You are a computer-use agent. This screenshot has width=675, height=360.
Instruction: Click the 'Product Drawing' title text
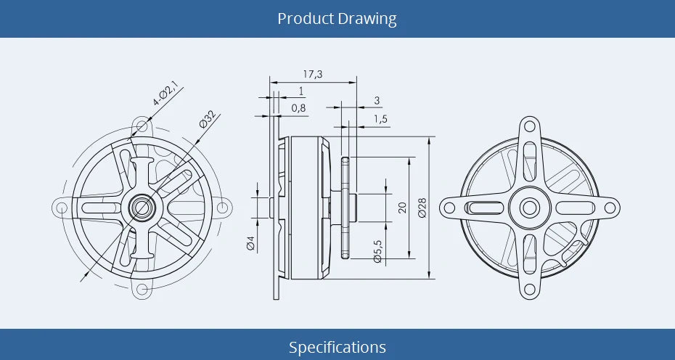(337, 18)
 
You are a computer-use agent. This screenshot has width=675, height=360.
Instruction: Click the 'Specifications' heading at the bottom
(337, 347)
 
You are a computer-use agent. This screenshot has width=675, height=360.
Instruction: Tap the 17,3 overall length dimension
(313, 73)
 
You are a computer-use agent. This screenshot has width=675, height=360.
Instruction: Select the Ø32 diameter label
(207, 118)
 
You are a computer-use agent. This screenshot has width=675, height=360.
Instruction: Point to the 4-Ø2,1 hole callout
(165, 95)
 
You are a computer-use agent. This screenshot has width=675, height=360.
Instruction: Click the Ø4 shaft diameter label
(251, 243)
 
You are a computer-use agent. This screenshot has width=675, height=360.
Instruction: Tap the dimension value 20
(402, 208)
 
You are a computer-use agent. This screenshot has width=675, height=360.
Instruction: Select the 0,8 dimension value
(298, 108)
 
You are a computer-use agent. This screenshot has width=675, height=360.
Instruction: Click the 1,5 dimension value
(380, 119)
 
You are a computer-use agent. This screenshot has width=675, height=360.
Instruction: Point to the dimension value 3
(377, 100)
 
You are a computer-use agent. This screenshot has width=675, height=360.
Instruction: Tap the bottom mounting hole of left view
(142, 292)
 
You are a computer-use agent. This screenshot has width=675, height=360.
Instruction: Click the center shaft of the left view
(142, 208)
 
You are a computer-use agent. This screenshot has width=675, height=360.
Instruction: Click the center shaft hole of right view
(530, 208)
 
